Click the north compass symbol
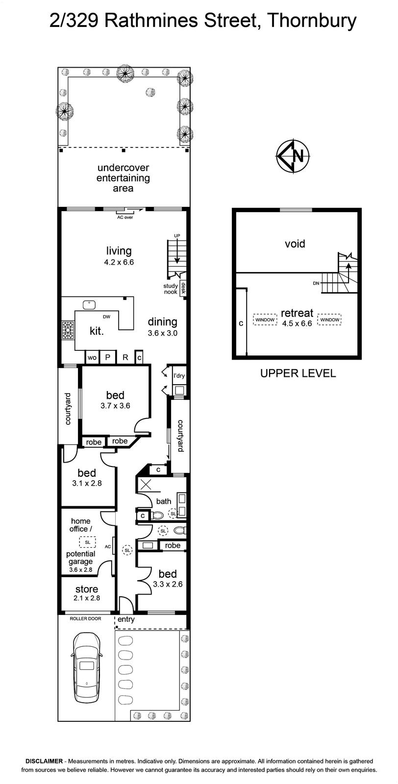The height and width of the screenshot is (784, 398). pos(293,156)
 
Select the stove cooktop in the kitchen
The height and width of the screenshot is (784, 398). pos(68,330)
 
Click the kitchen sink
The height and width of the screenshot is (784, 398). pos(90,305)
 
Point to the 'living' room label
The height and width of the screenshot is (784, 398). pos(119,250)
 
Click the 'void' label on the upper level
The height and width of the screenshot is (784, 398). pos(295,244)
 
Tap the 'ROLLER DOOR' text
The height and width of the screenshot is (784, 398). pos(85,618)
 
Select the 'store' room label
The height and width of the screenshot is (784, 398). pos(86,589)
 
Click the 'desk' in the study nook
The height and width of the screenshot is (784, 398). pos(183,289)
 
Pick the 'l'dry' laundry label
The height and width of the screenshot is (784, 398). pos(179,376)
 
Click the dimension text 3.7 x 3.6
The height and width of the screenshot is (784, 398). pos(115,406)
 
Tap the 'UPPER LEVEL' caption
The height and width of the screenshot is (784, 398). pos(298,373)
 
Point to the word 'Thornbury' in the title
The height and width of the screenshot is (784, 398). pos(312,21)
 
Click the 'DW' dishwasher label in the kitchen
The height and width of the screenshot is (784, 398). pos(106,317)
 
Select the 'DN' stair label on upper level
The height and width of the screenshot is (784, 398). pos(316,283)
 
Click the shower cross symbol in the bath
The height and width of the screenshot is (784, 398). pos(146,485)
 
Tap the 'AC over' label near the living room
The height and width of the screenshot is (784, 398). pos(125,218)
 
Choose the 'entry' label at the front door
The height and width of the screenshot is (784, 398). pos(126,619)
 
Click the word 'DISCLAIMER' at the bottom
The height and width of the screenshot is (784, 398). pos(44,761)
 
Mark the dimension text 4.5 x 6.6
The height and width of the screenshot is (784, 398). pos(297,323)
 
